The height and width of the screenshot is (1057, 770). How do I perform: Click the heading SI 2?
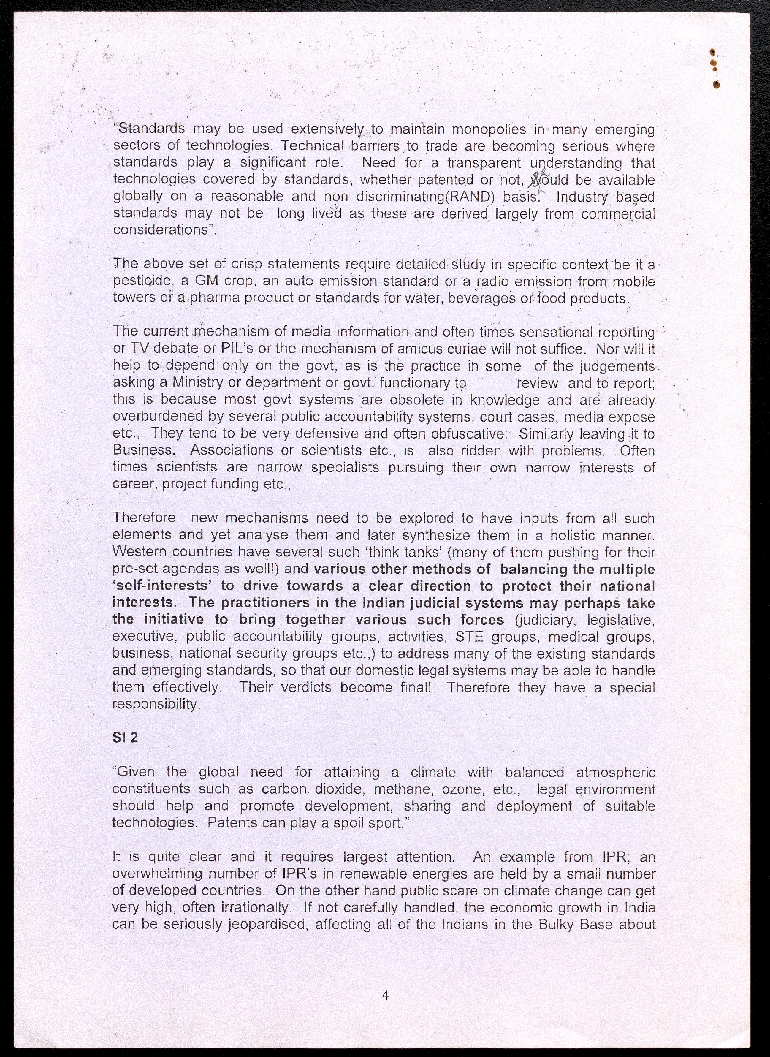[125, 738]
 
